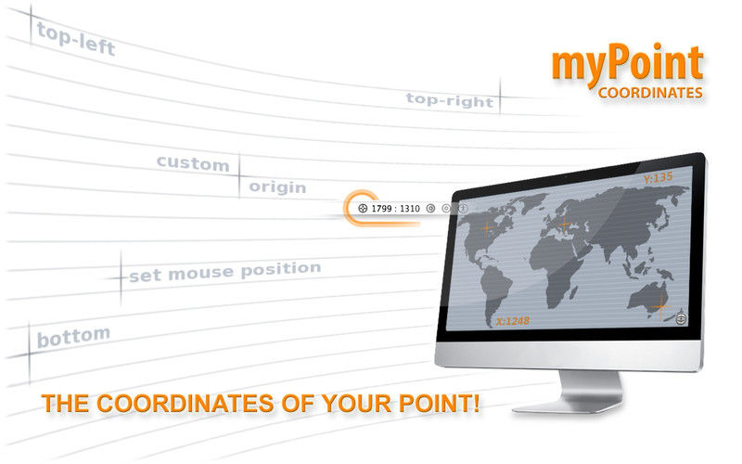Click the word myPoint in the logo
(627, 65)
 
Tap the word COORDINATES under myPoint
(650, 93)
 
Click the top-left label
(76, 40)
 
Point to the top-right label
(450, 100)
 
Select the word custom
(193, 163)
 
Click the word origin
(277, 187)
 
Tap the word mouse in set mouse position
(201, 273)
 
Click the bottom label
(73, 337)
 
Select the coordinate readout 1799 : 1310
(395, 208)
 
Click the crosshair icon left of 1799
(363, 208)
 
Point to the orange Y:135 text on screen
(658, 178)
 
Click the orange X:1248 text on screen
(513, 321)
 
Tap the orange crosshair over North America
(487, 227)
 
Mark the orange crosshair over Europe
(564, 224)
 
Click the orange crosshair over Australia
(660, 307)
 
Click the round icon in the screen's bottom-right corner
(681, 318)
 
